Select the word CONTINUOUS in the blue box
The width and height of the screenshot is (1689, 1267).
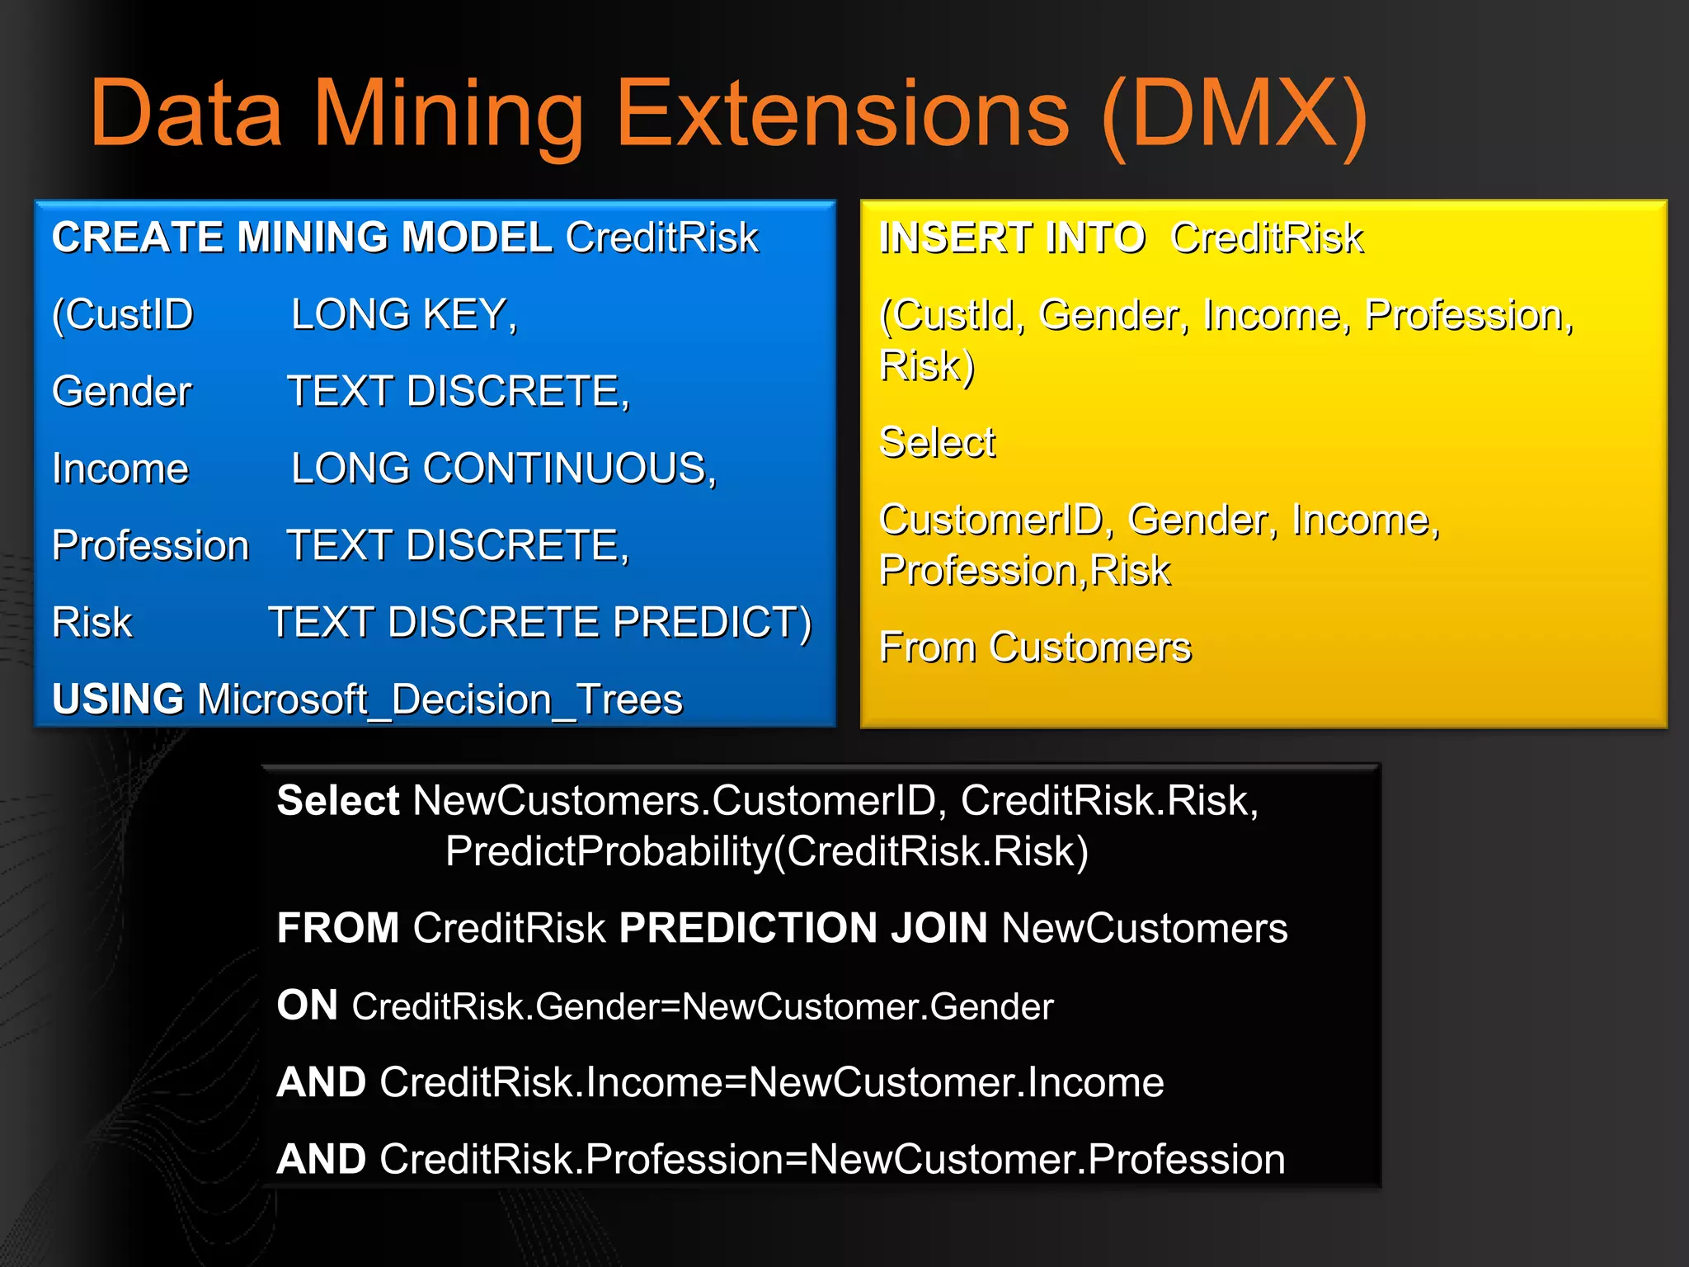pos(565,469)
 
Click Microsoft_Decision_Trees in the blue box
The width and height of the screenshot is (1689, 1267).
pos(440,699)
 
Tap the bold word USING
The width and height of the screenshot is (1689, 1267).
pos(118,699)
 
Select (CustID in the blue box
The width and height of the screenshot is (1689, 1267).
pos(122,314)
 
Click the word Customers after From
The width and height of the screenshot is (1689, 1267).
pos(1090,647)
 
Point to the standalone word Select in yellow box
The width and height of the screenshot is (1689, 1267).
pos(938,442)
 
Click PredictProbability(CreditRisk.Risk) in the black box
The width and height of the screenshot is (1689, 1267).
pos(766,851)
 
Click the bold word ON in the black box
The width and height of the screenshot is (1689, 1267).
pos(307,1006)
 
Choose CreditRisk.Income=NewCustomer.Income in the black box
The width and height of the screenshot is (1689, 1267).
pos(771,1082)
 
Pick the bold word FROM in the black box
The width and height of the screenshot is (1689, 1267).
pos(338,928)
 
